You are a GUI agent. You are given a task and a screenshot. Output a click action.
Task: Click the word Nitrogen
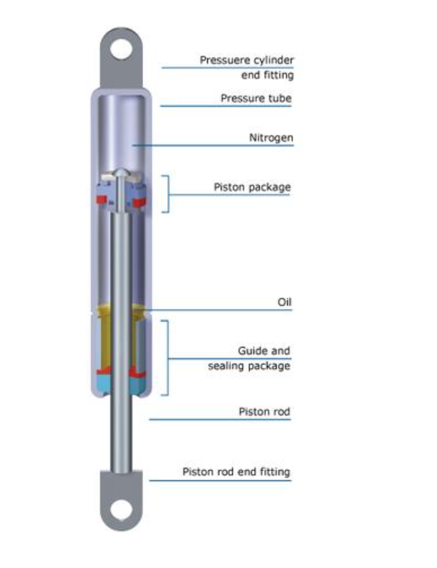(x=271, y=138)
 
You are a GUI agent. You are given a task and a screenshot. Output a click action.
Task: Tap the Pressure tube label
(x=256, y=98)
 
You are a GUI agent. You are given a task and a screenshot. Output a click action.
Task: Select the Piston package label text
(x=252, y=187)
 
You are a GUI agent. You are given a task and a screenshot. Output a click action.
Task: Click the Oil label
(x=285, y=302)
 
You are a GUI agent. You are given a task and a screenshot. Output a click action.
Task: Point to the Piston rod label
(x=264, y=411)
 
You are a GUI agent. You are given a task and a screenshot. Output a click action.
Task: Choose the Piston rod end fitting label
(x=236, y=472)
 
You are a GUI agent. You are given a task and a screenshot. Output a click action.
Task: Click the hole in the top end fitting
(x=121, y=50)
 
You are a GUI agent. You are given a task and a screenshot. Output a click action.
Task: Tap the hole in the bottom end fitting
(x=121, y=510)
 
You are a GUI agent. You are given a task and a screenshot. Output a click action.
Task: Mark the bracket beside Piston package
(x=168, y=194)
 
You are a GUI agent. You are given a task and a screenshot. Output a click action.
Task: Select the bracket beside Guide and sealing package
(x=167, y=358)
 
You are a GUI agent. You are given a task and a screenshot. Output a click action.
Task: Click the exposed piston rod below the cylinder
(x=121, y=435)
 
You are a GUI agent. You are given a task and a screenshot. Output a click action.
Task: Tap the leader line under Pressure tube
(x=226, y=106)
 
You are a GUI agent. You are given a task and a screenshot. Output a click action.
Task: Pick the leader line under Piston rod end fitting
(x=220, y=480)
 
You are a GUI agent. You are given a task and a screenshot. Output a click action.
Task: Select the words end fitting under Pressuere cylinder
(x=268, y=75)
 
